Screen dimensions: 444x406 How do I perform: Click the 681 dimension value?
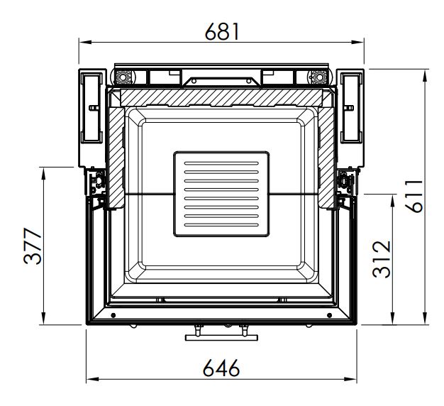pos(222,31)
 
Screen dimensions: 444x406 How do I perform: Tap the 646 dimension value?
pos(221,368)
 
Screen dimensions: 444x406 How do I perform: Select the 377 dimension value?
pos(33,246)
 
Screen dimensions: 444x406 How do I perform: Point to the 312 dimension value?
pos(382,259)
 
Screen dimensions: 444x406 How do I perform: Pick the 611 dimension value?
pos(414,196)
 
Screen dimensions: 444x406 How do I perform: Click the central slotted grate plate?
pos(221,194)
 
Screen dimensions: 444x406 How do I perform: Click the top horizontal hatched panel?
pos(221,98)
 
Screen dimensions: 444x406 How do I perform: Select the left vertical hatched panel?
pos(116,158)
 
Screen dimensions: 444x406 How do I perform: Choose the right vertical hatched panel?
pos(326,158)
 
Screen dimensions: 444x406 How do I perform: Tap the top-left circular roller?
pos(123,77)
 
